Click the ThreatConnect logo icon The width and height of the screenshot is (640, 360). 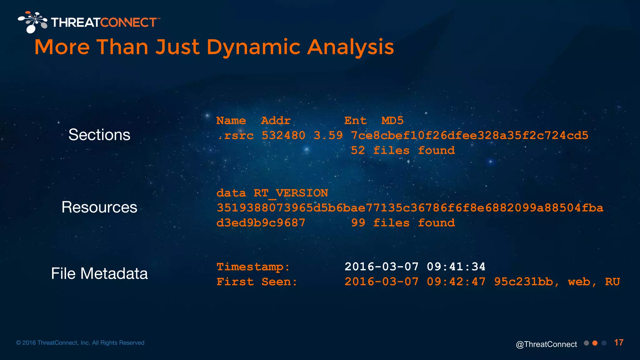coord(32,22)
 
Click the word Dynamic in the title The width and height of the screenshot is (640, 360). coord(253,47)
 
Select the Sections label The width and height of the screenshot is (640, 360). coord(99,135)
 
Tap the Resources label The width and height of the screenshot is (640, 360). coord(99,207)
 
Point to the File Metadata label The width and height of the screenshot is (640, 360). coord(99,273)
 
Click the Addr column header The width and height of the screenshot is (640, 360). coord(276,121)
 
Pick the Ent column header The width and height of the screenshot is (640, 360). coord(355,121)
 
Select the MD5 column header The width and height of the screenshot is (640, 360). coord(392,121)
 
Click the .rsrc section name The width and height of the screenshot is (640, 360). coord(236,136)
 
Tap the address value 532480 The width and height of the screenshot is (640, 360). coord(283,136)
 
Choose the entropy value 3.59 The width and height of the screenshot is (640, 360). coord(328,136)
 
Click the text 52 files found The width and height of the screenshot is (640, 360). coord(403,151)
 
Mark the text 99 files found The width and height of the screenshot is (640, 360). coord(403,223)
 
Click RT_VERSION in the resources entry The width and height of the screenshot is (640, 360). coord(291,193)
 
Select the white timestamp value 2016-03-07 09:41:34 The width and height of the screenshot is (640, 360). coord(415,267)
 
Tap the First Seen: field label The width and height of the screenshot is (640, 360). coord(257,282)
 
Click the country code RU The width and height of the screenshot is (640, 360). coord(612,282)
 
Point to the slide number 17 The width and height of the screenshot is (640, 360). coord(619,342)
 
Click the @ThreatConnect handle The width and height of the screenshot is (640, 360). coord(546,344)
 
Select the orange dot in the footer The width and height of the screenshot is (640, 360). coord(595,343)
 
